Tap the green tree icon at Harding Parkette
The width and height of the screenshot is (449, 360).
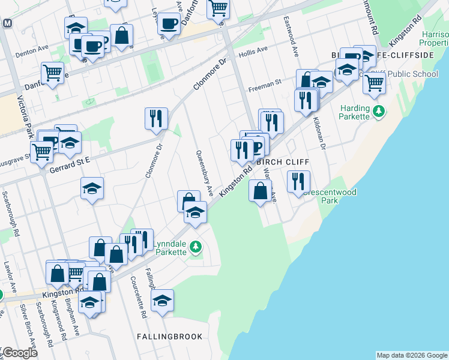coord(379,111)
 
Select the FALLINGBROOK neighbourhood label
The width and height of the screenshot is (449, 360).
coord(169,337)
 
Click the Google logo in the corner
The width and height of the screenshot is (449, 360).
coord(19,353)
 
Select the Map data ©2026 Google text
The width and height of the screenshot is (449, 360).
coord(411,355)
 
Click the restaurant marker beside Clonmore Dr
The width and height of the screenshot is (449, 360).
coord(156,118)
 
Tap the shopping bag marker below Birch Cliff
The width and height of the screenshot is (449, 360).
coord(260,191)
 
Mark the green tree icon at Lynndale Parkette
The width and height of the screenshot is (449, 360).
coord(195,247)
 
